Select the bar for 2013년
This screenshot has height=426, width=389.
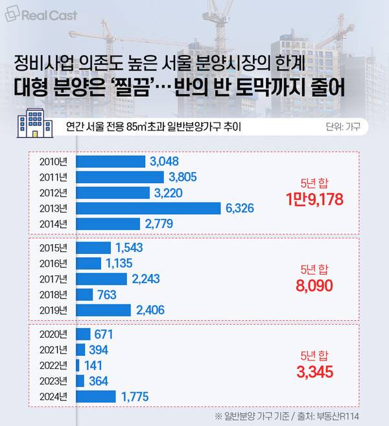click(148, 208)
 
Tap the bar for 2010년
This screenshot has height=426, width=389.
click(110, 161)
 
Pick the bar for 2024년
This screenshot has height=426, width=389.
click(96, 396)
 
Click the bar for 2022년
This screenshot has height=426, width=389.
click(78, 365)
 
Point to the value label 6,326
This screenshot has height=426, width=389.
click(239, 208)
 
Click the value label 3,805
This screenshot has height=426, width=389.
click(182, 177)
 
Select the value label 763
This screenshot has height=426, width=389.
click(106, 294)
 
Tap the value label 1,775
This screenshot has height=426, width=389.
click(135, 396)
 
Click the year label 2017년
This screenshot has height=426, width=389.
click(54, 279)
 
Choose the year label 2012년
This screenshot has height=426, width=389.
click(54, 193)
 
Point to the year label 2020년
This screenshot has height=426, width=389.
click(54, 334)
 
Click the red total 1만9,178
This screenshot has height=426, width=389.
click(314, 199)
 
